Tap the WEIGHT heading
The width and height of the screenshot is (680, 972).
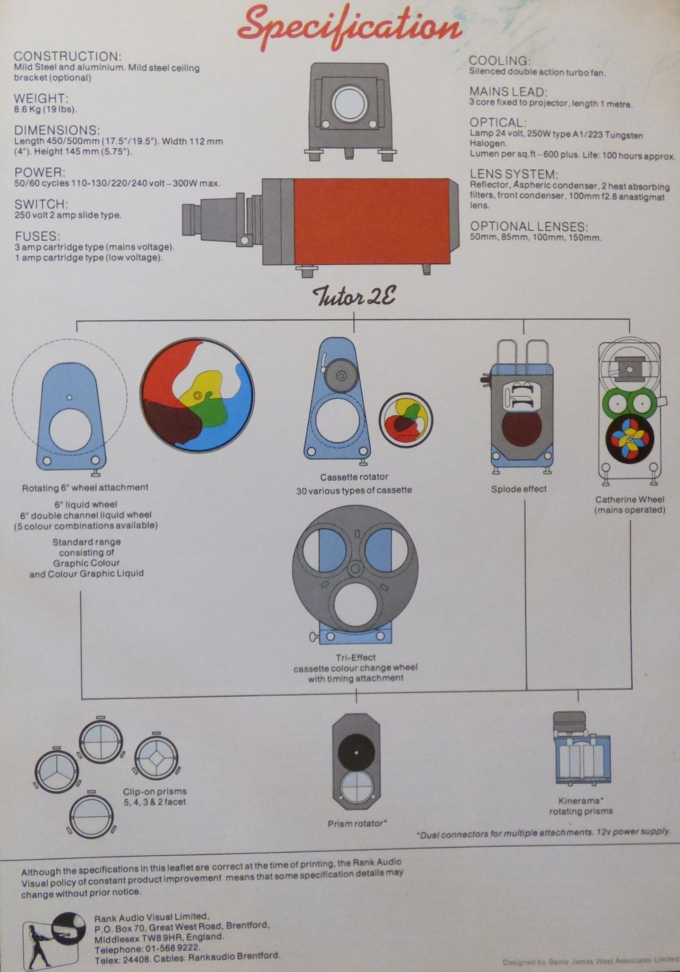tap(41, 98)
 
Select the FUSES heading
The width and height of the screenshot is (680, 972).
tap(37, 236)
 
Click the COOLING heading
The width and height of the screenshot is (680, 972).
tap(499, 61)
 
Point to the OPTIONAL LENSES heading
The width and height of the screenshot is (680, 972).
tap(529, 226)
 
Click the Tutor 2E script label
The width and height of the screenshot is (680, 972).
tap(354, 297)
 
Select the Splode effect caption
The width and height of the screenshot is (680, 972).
tap(519, 489)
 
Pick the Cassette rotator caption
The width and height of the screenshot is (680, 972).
tap(354, 477)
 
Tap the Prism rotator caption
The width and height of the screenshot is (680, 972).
tap(357, 823)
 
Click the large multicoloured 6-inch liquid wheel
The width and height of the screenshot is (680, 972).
tap(197, 394)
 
